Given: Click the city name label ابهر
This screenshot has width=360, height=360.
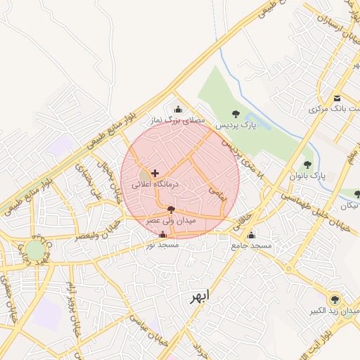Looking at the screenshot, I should coord(199,296).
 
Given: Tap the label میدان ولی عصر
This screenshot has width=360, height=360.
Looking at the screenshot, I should coord(171,221).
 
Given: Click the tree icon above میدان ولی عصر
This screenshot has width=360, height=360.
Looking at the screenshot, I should coord(171,209).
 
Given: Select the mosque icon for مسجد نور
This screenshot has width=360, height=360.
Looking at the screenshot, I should coord(163,234).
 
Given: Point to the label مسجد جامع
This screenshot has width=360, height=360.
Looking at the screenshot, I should coord(252,246).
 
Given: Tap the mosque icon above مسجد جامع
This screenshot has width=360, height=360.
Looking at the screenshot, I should coord(252,235).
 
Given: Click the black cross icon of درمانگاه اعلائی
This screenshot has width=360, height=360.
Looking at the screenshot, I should coord(155,172).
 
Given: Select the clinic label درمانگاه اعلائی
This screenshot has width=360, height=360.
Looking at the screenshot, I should coord(155,184).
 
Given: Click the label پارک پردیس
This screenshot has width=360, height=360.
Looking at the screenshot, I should coord(236,125).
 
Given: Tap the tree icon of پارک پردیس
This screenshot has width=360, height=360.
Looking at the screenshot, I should coord(236,113).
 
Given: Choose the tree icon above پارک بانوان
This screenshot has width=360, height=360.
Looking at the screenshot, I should coord(307,165).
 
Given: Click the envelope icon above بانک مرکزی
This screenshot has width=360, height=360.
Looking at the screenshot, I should coord(337,98).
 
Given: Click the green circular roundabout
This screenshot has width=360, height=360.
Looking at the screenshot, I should coord(34,250).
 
